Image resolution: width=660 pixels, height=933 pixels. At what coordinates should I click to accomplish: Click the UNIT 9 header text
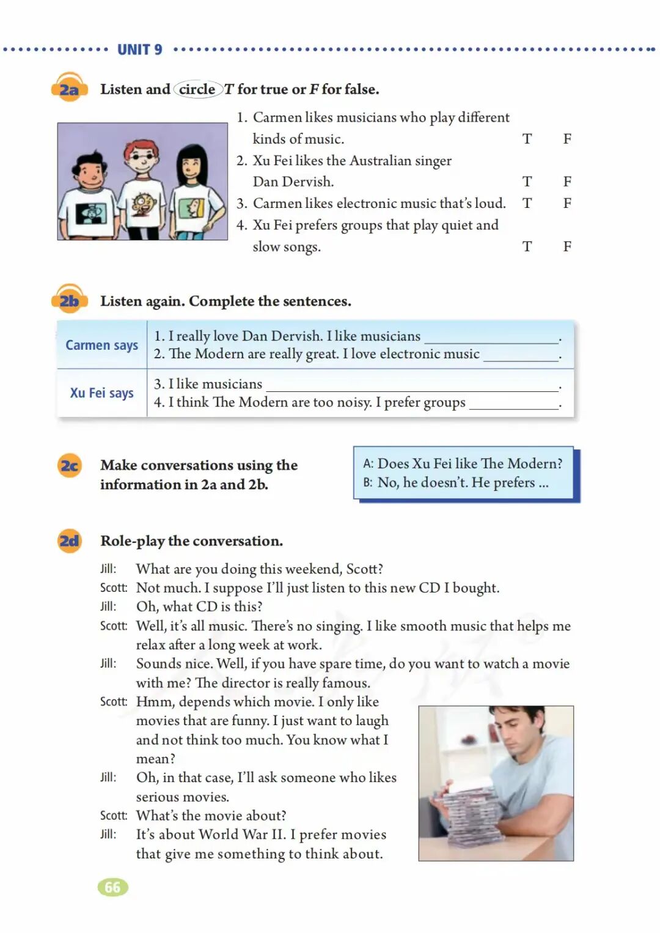139,50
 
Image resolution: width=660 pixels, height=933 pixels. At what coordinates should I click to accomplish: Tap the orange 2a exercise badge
70,87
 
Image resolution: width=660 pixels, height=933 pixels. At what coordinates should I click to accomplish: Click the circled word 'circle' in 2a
197,89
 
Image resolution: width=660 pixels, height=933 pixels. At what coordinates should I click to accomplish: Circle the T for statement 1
527,139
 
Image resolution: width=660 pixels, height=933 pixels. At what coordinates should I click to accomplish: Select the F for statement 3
567,203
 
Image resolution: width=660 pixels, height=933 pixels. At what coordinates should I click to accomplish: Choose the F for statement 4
567,246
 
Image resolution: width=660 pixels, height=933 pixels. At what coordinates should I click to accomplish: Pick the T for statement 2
527,182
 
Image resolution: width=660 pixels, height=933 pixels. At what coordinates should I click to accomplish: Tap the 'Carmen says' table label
102,345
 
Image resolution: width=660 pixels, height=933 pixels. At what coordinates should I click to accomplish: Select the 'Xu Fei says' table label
102,393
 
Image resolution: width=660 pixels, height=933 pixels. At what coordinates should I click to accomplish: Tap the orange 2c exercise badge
70,465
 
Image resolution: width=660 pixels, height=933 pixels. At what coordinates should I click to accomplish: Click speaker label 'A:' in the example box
368,463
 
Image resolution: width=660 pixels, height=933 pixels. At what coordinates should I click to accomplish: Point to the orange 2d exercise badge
70,540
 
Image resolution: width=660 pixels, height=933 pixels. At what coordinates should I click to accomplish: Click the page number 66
113,887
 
